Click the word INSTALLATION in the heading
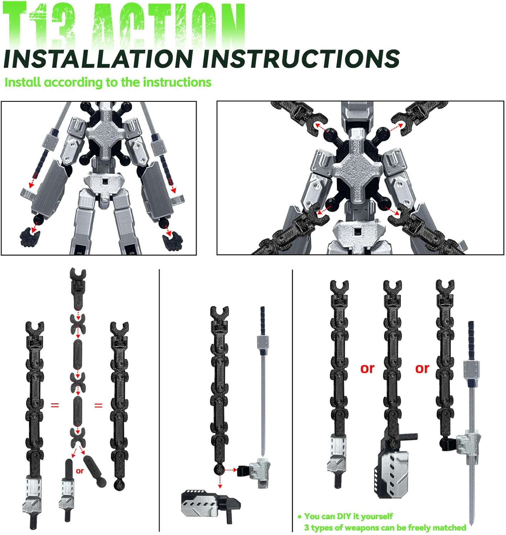tap(98, 59)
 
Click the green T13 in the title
tap(39, 25)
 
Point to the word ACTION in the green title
tap(168, 25)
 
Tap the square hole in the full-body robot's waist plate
tap(105, 182)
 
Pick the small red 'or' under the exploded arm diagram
tap(80, 471)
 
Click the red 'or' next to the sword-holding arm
tap(422, 368)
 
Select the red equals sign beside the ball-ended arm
tap(98, 406)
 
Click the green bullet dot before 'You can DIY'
tap(300, 516)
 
